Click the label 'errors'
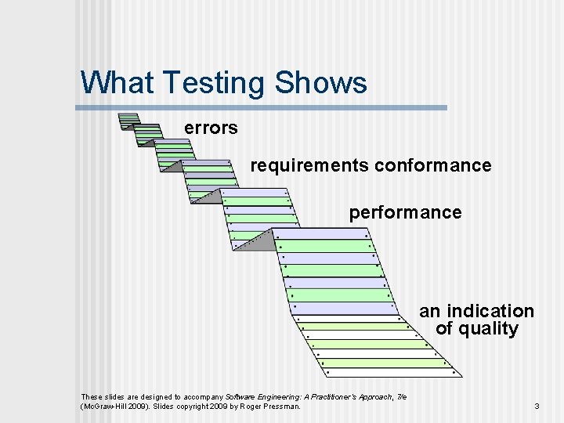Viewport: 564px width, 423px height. (211, 128)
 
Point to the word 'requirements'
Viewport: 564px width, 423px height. (309, 166)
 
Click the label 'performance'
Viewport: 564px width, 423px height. (405, 212)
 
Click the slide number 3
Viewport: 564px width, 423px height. (537, 407)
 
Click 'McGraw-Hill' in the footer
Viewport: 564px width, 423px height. (103, 407)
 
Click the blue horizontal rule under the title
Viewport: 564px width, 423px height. (264, 107)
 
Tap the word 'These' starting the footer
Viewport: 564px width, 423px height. (92, 396)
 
